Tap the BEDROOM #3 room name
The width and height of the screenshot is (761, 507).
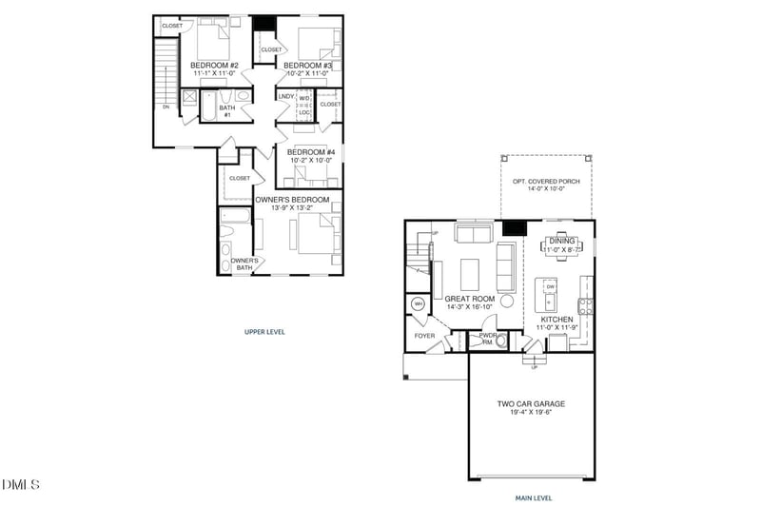click(308, 65)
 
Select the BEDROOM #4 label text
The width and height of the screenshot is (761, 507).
click(308, 152)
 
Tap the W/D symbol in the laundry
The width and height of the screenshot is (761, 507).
click(304, 97)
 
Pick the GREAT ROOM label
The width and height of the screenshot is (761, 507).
click(468, 299)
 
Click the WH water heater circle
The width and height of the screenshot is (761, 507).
click(418, 304)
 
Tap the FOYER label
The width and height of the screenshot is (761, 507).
click(423, 336)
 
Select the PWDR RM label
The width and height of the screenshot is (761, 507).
click(489, 338)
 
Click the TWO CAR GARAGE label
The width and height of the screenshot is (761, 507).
click(531, 403)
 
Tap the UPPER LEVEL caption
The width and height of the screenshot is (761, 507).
click(264, 332)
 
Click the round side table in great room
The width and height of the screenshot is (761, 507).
click(507, 302)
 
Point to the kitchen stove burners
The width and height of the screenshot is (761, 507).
click(587, 306)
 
